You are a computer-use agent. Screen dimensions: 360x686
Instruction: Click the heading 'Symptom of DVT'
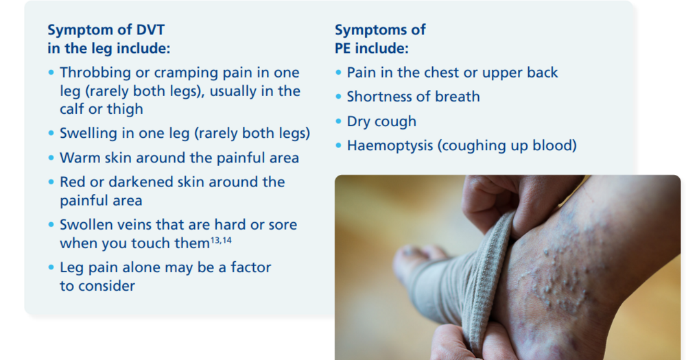tap(106, 30)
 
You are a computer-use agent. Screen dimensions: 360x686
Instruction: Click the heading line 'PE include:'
tap(371, 49)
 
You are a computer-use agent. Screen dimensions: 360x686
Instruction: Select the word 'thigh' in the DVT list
tap(125, 109)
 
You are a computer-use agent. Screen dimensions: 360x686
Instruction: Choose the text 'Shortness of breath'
tap(413, 97)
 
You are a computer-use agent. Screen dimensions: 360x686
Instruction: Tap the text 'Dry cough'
tap(381, 121)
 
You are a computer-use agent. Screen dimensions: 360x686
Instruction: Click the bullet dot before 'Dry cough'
tap(338, 122)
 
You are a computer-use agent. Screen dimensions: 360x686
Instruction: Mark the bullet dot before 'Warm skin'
tap(51, 158)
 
